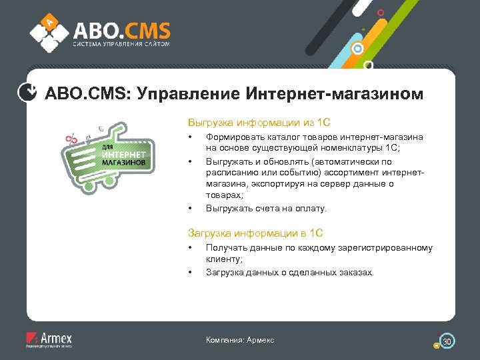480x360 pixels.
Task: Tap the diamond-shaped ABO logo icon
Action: tap(50, 31)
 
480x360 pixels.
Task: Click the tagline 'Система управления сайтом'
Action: tap(121, 45)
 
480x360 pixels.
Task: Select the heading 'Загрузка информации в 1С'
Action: tap(255, 233)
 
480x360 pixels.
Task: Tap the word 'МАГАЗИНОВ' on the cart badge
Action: tap(124, 162)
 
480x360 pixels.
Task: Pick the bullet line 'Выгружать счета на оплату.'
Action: tap(266, 209)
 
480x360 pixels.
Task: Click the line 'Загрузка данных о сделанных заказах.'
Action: tap(290, 272)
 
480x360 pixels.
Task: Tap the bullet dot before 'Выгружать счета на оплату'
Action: tap(190, 209)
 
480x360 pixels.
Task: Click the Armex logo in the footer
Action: tap(49, 339)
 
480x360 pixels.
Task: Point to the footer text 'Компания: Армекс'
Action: tap(240, 341)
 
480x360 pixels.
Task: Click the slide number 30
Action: tap(448, 341)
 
